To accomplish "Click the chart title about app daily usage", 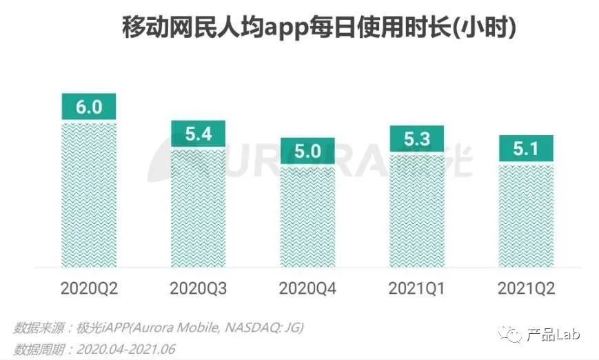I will tap(319, 29).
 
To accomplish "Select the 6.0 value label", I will tap(89, 107).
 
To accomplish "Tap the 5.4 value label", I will tap(198, 134).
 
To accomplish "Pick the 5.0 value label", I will tap(307, 151).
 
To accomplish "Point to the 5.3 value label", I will tap(416, 139).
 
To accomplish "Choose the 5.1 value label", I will tap(526, 148).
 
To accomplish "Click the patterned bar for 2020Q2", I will tap(89, 194).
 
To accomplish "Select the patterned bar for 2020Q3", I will tap(198, 208).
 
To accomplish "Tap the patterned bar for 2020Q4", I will tap(307, 217).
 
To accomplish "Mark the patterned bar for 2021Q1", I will tap(416, 210).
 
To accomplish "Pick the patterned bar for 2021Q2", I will tap(526, 215).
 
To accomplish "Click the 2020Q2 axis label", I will tap(89, 288).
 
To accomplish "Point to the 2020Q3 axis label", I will tap(198, 288).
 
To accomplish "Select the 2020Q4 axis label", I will tap(307, 288).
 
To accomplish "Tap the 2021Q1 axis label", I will tap(416, 288).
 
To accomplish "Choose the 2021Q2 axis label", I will tap(526, 288).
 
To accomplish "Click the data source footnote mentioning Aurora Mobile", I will tap(159, 326).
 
